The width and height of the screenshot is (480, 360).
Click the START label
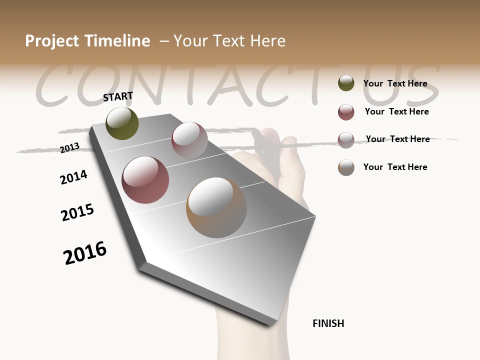(118, 96)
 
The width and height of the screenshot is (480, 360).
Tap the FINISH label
(328, 323)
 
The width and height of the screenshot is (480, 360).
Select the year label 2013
(69, 147)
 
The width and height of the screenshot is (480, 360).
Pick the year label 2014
(73, 177)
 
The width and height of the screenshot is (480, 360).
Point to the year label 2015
(77, 212)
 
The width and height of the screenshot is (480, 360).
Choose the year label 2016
(85, 252)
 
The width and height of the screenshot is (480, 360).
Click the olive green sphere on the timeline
(122, 123)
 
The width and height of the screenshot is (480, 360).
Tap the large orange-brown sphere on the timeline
(216, 207)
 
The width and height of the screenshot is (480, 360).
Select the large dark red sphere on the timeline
(145, 180)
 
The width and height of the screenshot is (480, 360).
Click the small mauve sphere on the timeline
(189, 139)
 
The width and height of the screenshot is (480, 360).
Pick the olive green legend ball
(346, 83)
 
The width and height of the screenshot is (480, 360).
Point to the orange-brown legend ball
(346, 167)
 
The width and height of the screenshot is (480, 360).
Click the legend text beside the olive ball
(395, 84)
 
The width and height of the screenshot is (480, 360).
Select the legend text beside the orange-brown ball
(395, 167)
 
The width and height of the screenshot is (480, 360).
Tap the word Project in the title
(52, 41)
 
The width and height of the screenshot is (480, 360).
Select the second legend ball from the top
(346, 112)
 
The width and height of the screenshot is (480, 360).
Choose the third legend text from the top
(397, 139)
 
